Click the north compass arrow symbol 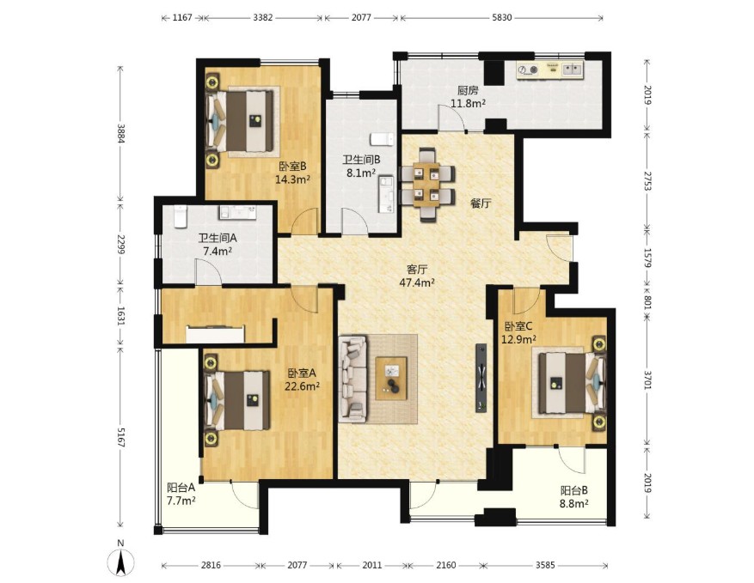click(120, 562)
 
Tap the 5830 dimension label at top click(501, 18)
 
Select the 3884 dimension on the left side click(121, 133)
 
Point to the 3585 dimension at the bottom click(545, 565)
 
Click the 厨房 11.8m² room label click(468, 96)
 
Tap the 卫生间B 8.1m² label click(361, 167)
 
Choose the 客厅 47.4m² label click(417, 276)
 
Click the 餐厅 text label click(481, 203)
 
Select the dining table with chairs click(427, 185)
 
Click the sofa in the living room click(352, 379)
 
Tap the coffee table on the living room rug click(391, 378)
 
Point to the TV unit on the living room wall click(481, 378)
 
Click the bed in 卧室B click(240, 122)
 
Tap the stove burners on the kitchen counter click(528, 70)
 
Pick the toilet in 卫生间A click(180, 216)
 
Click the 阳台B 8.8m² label click(574, 497)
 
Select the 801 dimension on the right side click(647, 301)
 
